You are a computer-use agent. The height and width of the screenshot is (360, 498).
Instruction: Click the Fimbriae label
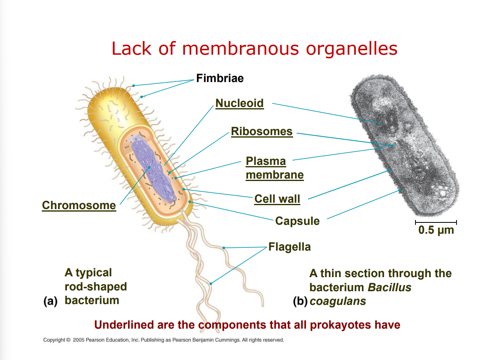220,78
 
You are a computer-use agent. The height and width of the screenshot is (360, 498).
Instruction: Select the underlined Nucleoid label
240,103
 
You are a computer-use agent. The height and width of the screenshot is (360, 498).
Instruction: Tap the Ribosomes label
262,132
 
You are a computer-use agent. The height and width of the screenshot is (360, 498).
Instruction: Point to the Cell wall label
277,199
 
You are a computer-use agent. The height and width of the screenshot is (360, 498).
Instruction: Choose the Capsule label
297,221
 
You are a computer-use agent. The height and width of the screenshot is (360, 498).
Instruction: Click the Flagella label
289,247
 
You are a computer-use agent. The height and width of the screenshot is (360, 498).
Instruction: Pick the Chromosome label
79,205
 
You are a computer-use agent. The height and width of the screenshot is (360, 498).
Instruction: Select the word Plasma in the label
266,161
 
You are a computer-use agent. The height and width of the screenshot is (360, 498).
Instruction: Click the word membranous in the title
240,49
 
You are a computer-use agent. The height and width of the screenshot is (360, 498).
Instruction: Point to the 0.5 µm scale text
436,230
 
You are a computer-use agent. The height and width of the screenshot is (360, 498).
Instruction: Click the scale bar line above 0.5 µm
436,222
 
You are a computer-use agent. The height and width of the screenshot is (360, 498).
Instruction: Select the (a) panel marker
50,300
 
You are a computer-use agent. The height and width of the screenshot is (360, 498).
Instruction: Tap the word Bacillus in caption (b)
389,287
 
